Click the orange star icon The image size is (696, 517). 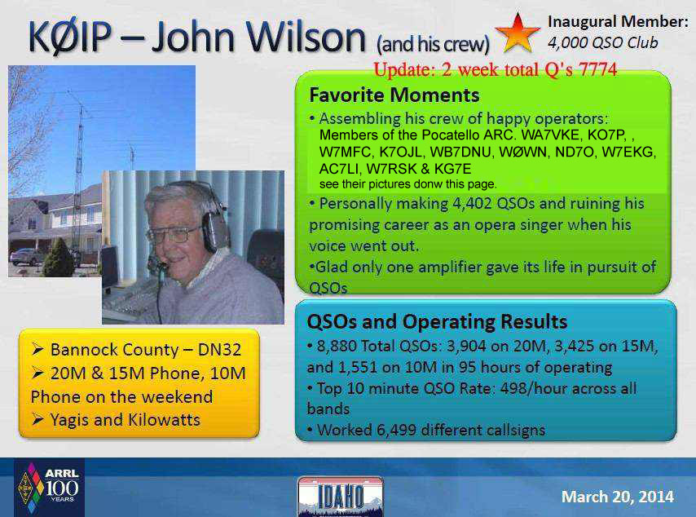click(x=518, y=33)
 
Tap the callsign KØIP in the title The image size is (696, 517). click(x=70, y=37)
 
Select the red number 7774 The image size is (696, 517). click(x=597, y=70)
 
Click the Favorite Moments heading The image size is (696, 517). click(x=394, y=95)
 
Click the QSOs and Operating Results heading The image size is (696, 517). click(x=437, y=321)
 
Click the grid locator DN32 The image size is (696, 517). click(x=219, y=350)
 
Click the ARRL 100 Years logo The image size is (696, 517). click(x=48, y=488)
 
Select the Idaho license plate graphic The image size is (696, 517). click(x=341, y=497)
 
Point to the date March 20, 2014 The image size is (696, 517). click(x=618, y=497)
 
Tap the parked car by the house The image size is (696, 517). click(x=28, y=257)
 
